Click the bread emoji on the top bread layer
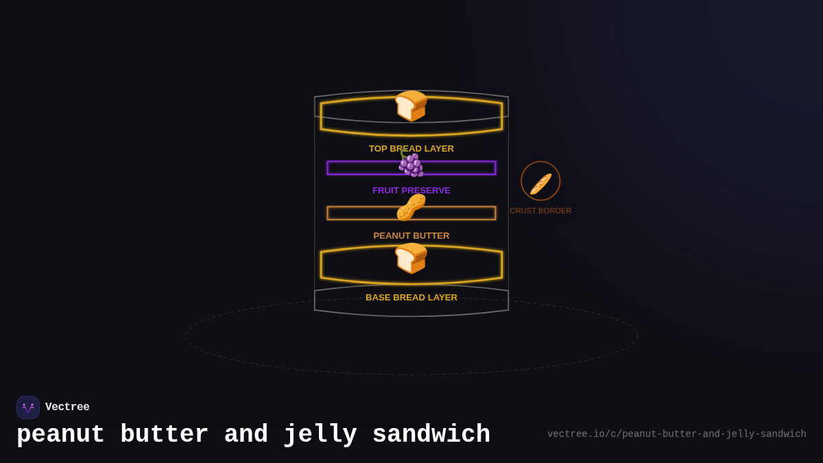tap(411, 106)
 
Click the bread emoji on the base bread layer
tap(411, 259)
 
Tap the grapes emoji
tap(411, 165)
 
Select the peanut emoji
tap(411, 208)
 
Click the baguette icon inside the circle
tap(540, 183)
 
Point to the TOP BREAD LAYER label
tap(411, 149)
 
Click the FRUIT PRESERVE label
tap(411, 191)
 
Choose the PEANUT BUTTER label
tap(411, 236)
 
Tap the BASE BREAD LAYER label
tap(411, 298)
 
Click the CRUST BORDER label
tap(540, 211)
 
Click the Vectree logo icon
tap(28, 407)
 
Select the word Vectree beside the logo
tap(67, 407)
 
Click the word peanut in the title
tap(60, 435)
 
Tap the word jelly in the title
tap(320, 435)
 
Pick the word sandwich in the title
tap(431, 435)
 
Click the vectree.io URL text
tap(676, 434)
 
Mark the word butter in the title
tap(164, 435)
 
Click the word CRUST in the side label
tap(523, 211)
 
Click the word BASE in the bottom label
tap(378, 298)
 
